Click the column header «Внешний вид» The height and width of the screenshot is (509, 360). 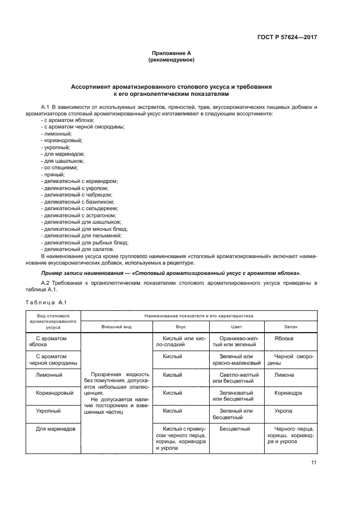[116, 328]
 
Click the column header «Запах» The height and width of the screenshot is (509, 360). [290, 328]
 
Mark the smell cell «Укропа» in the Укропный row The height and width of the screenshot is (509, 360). [283, 410]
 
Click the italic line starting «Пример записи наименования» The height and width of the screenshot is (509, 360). [171, 273]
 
